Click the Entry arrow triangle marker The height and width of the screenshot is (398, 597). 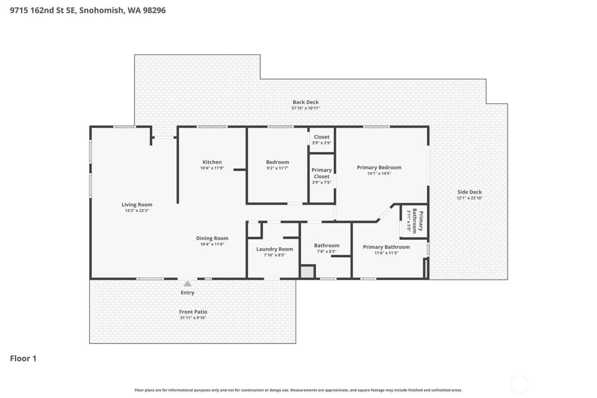tap(187, 284)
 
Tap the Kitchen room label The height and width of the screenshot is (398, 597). tap(212, 162)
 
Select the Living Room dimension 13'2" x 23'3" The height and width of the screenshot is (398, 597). tap(136, 211)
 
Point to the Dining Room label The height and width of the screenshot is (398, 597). tap(212, 238)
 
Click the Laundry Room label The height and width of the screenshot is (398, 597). tap(274, 249)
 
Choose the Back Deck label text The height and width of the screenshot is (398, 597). tap(305, 102)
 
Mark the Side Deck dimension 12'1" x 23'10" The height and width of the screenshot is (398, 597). tap(469, 198)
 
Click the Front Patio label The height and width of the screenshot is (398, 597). tap(193, 312)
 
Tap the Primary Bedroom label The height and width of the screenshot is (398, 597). tap(379, 167)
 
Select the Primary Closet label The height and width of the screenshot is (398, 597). tap(322, 173)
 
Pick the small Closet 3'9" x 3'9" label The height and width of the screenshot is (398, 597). tap(322, 137)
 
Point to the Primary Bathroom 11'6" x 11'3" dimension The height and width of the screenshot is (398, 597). tap(386, 253)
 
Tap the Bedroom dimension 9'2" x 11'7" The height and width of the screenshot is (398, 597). tap(277, 168)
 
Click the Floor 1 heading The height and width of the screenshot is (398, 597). tap(23, 358)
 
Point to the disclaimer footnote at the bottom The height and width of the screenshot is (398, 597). tap(298, 390)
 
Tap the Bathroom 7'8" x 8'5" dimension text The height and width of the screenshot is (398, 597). tap(327, 252)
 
